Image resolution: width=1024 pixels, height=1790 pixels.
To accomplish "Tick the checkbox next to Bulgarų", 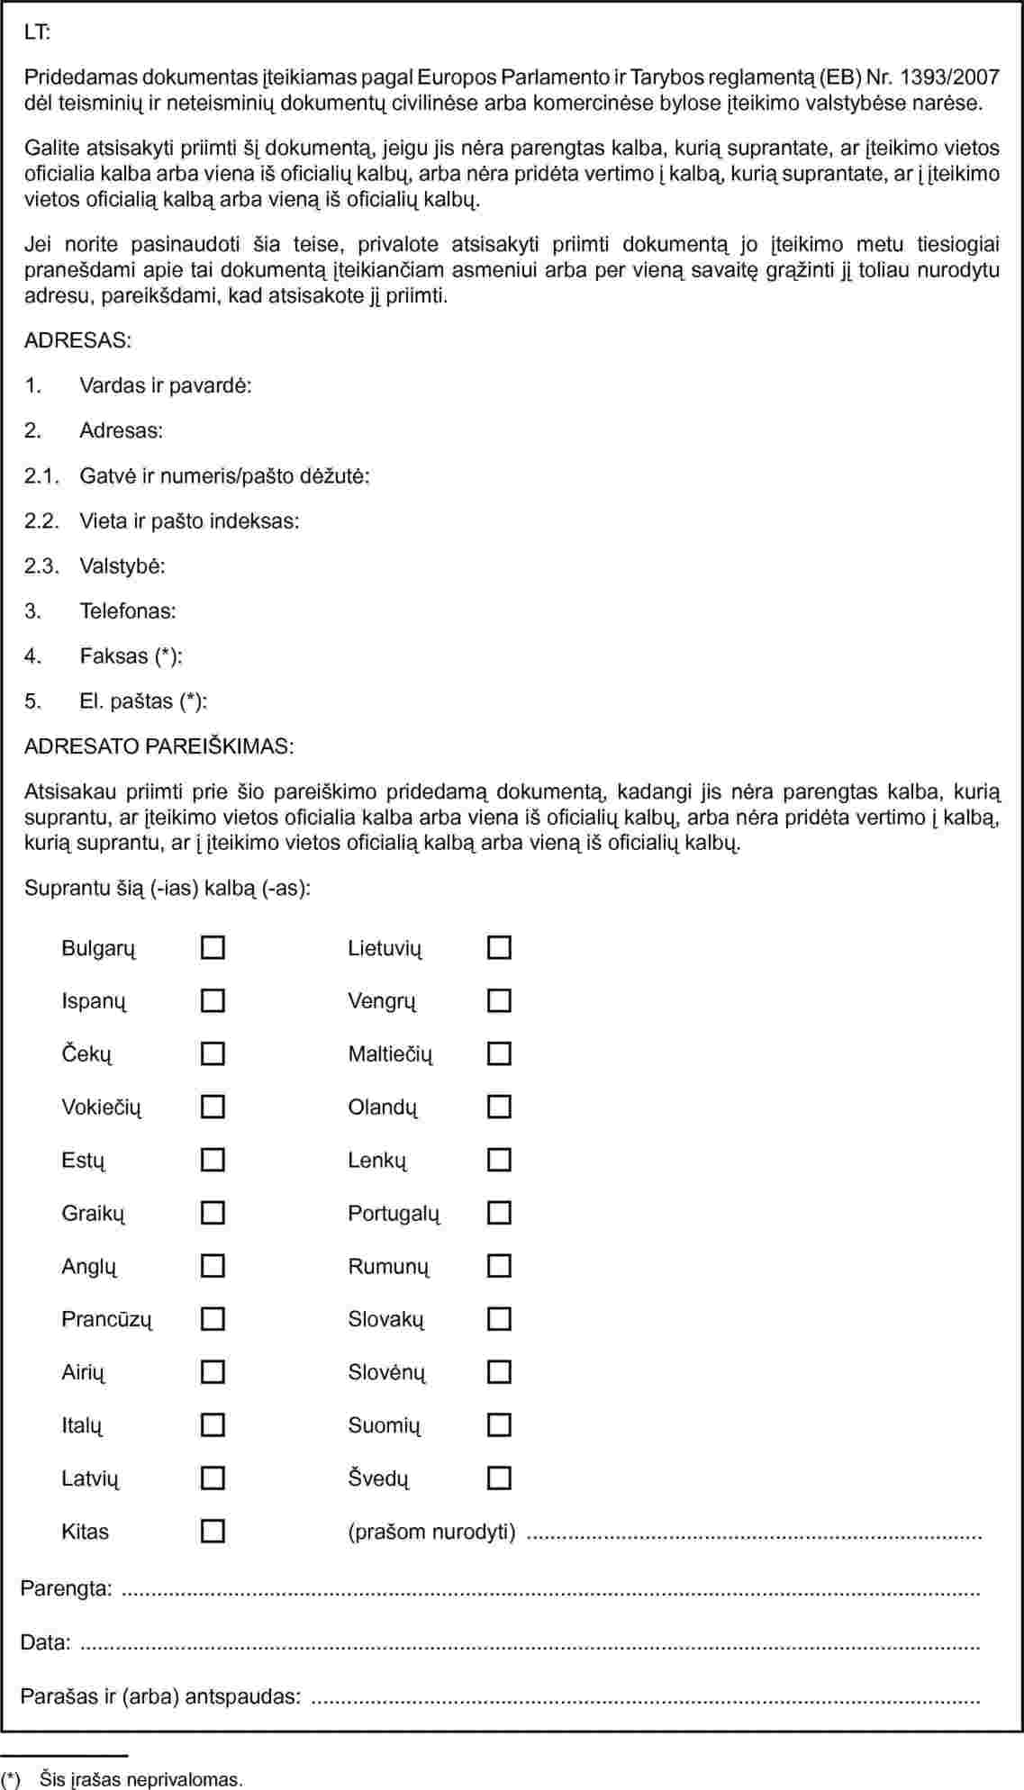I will tap(213, 947).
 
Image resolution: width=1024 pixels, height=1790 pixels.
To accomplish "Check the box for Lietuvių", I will tap(499, 947).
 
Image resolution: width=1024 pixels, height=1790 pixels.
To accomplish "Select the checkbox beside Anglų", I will tap(213, 1266).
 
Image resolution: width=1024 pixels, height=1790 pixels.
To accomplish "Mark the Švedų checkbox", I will tap(499, 1478).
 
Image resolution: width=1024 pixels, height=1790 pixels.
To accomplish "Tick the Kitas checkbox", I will tap(213, 1531).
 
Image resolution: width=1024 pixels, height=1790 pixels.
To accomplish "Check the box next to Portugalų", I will tap(499, 1213).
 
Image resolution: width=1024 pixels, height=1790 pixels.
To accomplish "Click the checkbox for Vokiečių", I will tap(213, 1107).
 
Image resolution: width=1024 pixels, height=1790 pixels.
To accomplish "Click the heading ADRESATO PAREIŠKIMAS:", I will tap(159, 746).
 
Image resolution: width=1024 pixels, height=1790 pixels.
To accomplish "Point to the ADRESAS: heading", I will tap(77, 340).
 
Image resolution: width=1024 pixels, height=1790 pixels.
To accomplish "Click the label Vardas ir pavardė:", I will tap(166, 385).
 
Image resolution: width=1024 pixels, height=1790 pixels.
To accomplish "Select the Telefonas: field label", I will tap(128, 610).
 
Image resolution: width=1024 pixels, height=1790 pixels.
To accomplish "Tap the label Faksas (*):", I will tap(131, 655).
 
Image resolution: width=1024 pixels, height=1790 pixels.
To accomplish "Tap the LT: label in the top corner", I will tap(38, 32).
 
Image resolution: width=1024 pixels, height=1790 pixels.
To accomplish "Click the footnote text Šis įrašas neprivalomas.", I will tap(140, 1779).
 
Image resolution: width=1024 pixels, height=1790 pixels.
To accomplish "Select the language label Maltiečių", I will tap(390, 1053).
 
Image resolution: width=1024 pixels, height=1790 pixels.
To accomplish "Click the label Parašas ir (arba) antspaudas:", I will tap(160, 1696).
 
